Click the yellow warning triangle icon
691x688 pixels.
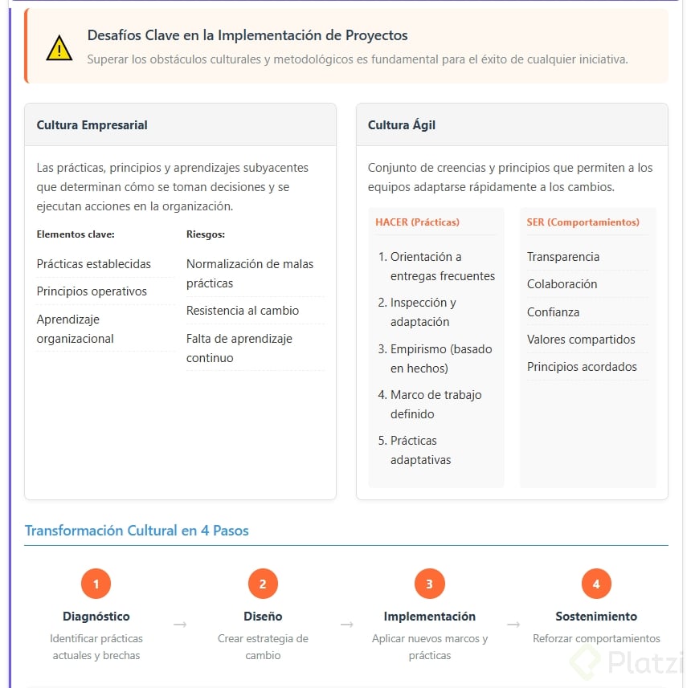tap(59, 48)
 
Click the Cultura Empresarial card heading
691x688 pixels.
tap(92, 125)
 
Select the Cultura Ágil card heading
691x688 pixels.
tap(402, 125)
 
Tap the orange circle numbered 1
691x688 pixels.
tap(96, 584)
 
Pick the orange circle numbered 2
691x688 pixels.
tap(263, 584)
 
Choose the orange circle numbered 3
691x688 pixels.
tap(429, 584)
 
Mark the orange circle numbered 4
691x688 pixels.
tap(596, 584)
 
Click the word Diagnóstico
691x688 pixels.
tap(96, 617)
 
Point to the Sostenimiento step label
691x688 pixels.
tap(596, 617)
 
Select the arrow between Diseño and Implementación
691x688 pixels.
tap(346, 624)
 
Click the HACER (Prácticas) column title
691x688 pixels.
tap(417, 222)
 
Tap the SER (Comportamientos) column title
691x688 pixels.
tap(583, 222)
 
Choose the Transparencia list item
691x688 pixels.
tap(562, 257)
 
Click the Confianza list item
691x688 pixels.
tap(553, 312)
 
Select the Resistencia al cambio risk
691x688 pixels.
tap(243, 311)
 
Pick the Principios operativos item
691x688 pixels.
tap(92, 291)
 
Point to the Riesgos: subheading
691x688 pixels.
tap(205, 234)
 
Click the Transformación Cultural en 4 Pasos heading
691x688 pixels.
tap(137, 531)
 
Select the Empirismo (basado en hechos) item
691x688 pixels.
tap(440, 359)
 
